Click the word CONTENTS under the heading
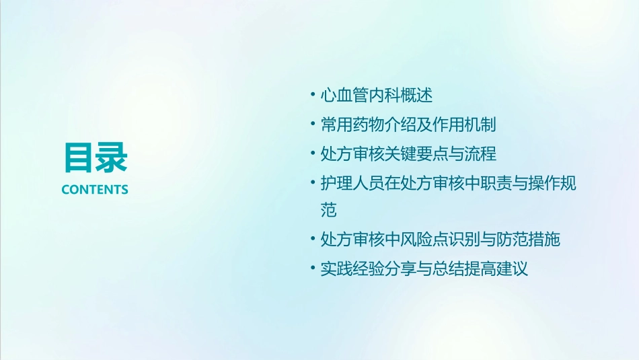tap(95, 190)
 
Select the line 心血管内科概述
tap(377, 96)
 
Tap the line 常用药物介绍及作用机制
tap(408, 124)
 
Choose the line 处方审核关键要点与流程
tap(408, 153)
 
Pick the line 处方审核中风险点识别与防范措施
tap(441, 240)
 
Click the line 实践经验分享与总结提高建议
tap(424, 269)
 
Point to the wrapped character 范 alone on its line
tap(329, 211)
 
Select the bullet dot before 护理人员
tap(313, 182)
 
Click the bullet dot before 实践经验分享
tap(313, 268)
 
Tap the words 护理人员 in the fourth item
tap(352, 183)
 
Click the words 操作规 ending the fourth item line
tap(552, 183)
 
